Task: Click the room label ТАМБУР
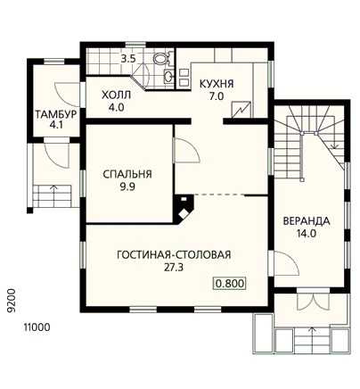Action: [56, 114]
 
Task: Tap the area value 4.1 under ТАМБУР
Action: [56, 125]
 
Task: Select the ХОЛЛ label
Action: [116, 95]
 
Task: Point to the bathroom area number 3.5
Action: [128, 59]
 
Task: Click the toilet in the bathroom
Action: [162, 58]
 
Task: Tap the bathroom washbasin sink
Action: [168, 77]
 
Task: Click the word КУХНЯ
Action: [217, 84]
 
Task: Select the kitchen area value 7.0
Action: [217, 96]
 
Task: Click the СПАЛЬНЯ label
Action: [127, 174]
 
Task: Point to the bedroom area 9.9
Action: [127, 186]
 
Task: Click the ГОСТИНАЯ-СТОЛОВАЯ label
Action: [174, 255]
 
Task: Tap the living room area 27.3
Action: [174, 268]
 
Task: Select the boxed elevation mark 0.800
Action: [230, 283]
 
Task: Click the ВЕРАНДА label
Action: [307, 221]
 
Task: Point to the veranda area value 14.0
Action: [306, 234]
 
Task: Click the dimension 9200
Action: [12, 301]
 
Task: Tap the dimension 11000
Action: [37, 327]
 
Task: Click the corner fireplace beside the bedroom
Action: [184, 208]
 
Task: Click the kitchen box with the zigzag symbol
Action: [241, 110]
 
